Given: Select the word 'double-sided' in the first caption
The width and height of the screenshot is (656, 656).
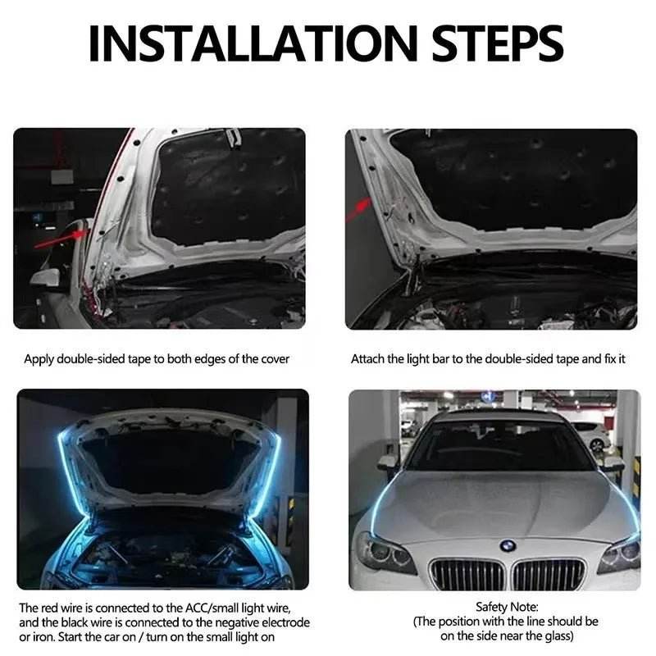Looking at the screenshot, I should (x=93, y=359).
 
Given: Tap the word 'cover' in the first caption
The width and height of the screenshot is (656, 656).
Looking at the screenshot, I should (x=273, y=359).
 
